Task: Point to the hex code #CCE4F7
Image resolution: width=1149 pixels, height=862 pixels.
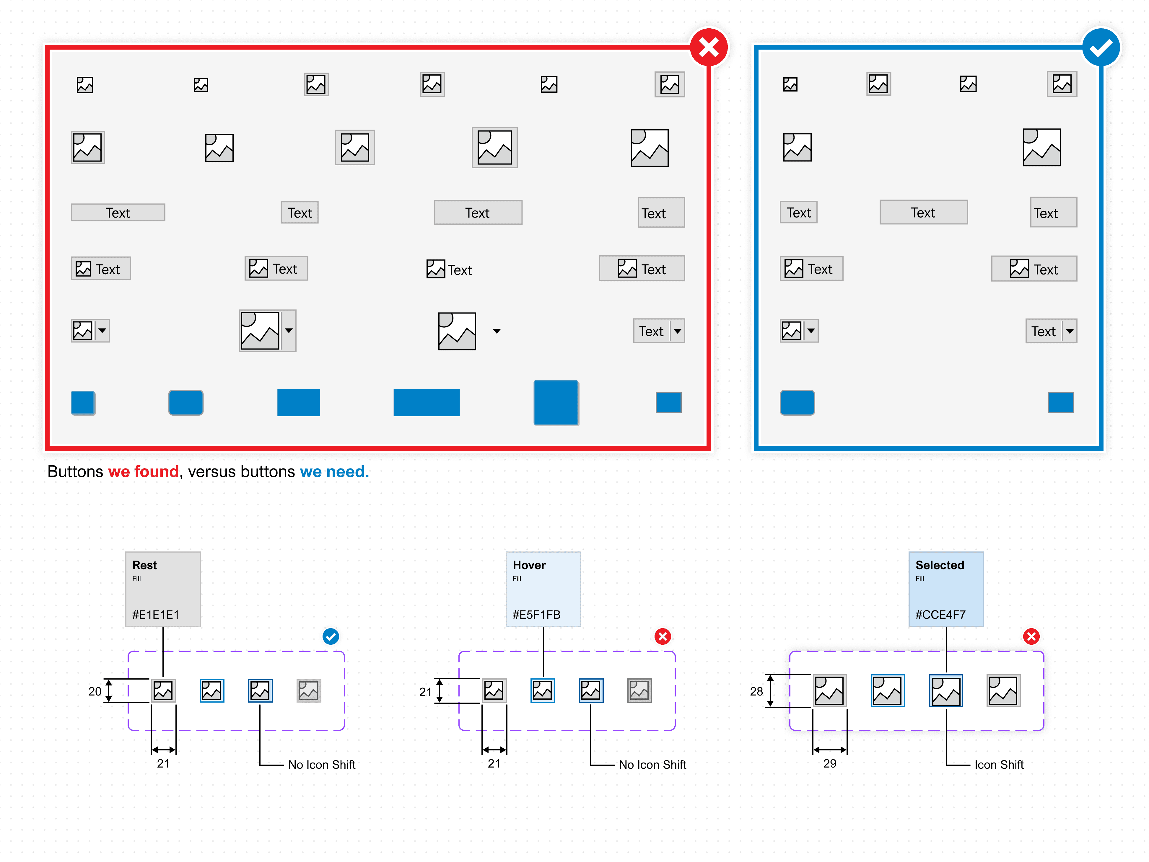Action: click(940, 615)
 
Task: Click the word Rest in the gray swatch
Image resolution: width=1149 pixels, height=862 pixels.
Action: click(144, 565)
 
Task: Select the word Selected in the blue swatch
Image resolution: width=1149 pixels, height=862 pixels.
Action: click(939, 565)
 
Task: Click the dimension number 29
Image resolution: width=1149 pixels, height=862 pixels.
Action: click(829, 763)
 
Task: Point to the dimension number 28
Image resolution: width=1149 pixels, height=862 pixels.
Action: click(756, 691)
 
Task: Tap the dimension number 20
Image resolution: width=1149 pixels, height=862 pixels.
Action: click(95, 691)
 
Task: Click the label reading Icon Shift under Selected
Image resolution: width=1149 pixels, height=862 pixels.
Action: click(998, 764)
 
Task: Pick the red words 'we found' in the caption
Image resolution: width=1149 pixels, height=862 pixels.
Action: click(143, 471)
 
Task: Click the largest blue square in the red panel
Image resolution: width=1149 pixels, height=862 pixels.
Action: click(556, 402)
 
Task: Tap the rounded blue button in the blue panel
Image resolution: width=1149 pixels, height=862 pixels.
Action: click(797, 402)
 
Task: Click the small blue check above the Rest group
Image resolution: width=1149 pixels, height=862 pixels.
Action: click(330, 636)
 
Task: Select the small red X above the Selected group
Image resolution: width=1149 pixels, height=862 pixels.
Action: click(1031, 636)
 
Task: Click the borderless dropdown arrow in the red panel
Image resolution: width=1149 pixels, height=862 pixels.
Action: click(497, 331)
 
